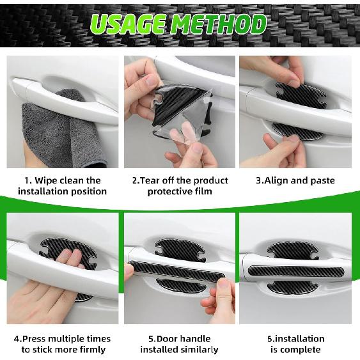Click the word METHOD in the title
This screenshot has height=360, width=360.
[221, 24]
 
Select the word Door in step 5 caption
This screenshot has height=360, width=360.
[165, 339]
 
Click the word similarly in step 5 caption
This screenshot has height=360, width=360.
[199, 350]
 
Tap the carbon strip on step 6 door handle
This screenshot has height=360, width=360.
[295, 271]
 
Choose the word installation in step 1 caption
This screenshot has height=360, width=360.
[43, 191]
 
